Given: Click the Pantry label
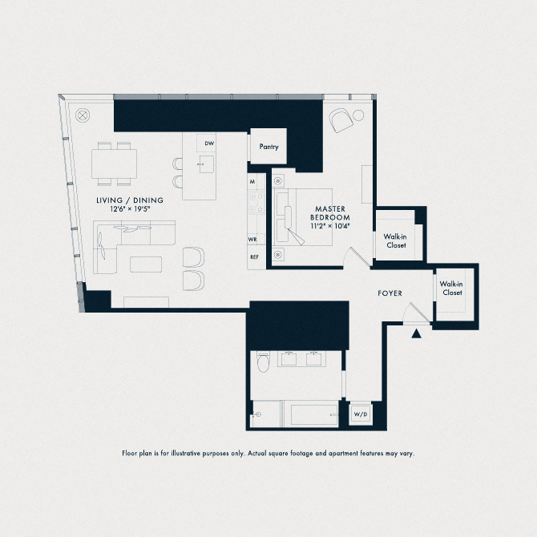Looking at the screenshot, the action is coord(268,147).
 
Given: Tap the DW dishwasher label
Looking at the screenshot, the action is coord(209,143).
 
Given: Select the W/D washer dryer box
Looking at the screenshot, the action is coord(361,414).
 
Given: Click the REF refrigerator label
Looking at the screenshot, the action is coord(254,256).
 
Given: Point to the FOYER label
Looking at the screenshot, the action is coord(390,293).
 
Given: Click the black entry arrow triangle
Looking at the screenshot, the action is coord(416,333).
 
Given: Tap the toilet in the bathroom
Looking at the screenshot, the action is coord(264,361).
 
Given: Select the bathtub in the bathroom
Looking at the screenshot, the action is coord(314,414).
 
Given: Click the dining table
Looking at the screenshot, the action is coord(114,164).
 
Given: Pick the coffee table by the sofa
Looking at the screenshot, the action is coord(146,264).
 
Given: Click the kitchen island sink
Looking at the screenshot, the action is coord(207,164).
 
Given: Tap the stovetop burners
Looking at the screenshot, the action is coord(256,203).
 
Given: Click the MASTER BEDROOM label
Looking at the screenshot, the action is coord(330,213).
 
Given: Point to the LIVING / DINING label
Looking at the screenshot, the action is coord(130,200).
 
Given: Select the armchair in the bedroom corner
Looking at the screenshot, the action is coord(341,120).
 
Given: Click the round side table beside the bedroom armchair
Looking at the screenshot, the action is coord(358,115).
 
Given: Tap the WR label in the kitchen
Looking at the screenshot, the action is coord(252,240).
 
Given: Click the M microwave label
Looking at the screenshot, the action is coord(252,181).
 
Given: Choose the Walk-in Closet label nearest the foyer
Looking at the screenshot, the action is coord(451,288).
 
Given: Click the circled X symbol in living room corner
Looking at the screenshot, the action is coord(83,115).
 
